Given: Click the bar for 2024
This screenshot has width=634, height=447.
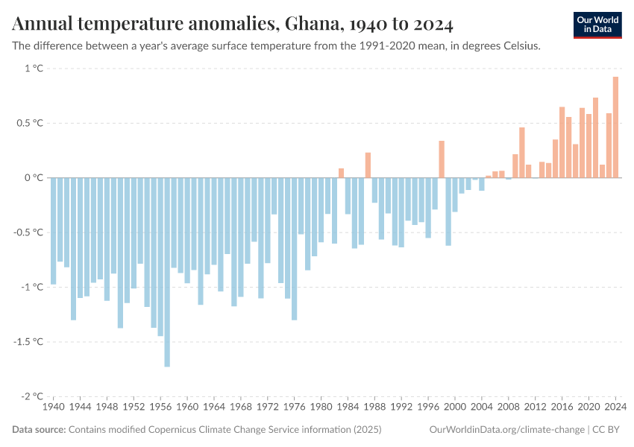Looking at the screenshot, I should (x=615, y=127).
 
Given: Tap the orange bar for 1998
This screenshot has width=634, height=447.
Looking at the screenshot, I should (x=442, y=159).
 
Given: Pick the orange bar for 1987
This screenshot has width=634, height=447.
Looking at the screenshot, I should (x=368, y=165).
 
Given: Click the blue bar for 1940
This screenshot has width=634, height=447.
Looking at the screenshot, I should (x=53, y=231).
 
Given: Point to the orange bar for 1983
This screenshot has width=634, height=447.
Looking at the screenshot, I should (x=341, y=173).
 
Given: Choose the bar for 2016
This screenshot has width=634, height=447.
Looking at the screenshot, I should (x=562, y=142).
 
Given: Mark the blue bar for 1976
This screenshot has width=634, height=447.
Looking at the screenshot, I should (x=294, y=249).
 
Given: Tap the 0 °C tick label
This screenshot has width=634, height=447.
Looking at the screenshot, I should (x=34, y=178).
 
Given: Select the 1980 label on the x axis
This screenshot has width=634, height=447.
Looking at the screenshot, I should (x=321, y=408).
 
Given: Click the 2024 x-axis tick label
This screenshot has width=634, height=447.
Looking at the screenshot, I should (x=615, y=408).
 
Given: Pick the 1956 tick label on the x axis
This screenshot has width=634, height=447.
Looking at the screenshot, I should (x=160, y=408).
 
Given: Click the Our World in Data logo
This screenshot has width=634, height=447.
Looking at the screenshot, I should (x=597, y=25).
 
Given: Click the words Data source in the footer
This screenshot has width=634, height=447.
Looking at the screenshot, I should (x=39, y=430).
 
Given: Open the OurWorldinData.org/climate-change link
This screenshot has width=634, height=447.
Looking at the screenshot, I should (x=507, y=430).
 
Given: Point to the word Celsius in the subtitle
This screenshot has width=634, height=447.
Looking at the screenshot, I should (x=519, y=45).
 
